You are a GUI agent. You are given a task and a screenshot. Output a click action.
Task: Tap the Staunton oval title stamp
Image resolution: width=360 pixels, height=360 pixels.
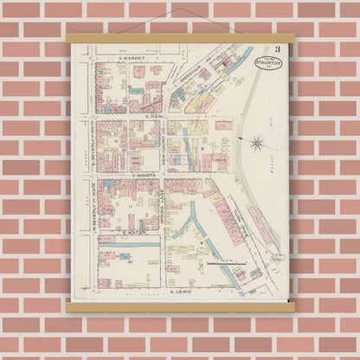point(268,63)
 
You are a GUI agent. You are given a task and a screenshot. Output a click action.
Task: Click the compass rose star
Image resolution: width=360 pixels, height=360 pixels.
point(256,142)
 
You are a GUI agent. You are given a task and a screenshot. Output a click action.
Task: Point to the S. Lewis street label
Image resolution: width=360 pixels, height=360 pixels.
point(180,292)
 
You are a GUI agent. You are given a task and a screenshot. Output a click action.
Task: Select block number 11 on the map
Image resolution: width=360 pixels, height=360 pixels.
point(130,206)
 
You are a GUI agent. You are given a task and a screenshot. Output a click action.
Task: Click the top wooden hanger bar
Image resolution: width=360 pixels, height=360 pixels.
point(180,38)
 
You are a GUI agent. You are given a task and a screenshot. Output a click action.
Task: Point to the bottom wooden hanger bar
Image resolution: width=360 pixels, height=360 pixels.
point(180,306)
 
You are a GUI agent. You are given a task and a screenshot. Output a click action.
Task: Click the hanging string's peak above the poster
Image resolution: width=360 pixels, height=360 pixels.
point(180,9)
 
